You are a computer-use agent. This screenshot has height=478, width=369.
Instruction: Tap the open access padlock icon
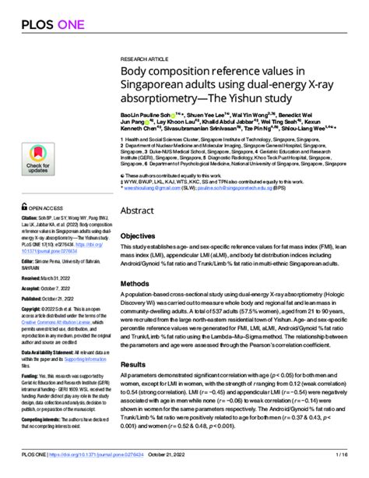[23, 210]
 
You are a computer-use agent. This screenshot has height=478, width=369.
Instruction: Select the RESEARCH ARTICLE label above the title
[145, 58]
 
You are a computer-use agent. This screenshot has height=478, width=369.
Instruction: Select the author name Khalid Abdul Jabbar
[239, 122]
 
